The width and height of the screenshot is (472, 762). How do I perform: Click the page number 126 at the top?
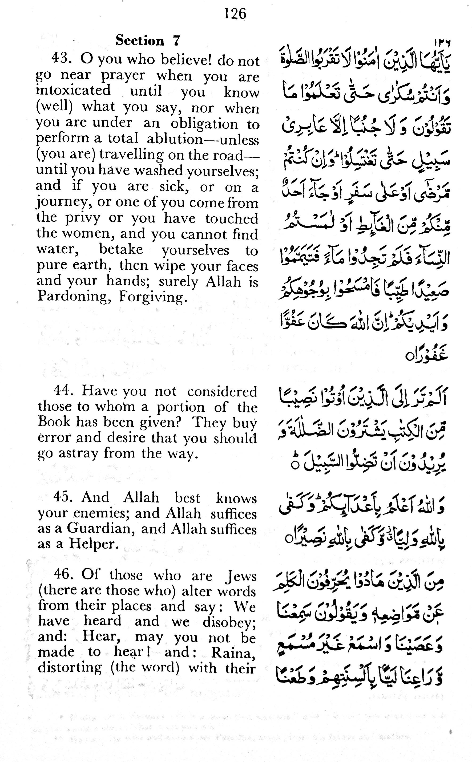pyautogui.click(x=235, y=14)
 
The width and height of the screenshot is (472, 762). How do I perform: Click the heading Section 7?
pyautogui.click(x=148, y=40)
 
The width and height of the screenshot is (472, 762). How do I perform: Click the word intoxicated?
pyautogui.click(x=73, y=91)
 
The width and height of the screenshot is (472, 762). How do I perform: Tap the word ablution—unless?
pyautogui.click(x=203, y=139)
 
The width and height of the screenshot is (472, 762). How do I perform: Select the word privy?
pyautogui.click(x=83, y=218)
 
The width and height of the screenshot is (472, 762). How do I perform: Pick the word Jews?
pyautogui.click(x=241, y=575)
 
